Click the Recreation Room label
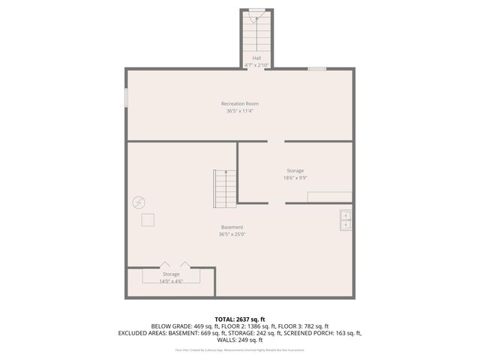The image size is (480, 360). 240,103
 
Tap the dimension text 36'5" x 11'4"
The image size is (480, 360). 240,111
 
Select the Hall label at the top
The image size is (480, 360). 256,58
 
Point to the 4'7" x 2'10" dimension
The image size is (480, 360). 256,65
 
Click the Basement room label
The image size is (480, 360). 232,227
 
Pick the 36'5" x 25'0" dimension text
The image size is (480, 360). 232,234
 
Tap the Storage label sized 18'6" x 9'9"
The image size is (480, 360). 295,171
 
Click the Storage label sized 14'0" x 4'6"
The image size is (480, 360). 171,274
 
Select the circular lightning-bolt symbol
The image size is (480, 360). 139,202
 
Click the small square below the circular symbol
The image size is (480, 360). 148,219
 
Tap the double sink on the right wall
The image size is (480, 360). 346,220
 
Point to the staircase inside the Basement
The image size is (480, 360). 225,188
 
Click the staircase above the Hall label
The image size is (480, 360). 256,34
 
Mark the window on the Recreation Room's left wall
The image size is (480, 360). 126,98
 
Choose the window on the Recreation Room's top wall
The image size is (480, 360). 316,69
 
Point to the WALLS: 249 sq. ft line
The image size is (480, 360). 239,340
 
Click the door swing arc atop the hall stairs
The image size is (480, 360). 256,12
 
